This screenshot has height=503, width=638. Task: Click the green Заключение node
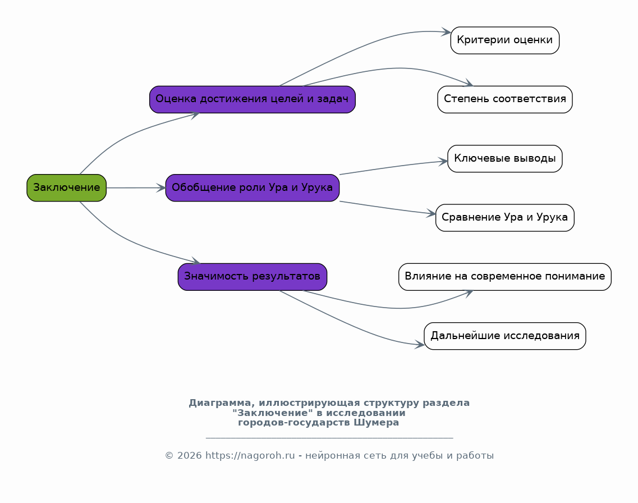[66, 188]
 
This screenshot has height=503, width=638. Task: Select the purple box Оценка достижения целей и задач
[253, 99]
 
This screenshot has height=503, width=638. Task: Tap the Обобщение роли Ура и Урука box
[253, 188]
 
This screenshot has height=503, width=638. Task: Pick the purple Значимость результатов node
[253, 277]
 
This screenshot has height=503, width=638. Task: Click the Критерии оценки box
[504, 40]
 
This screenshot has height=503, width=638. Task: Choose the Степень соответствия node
[504, 99]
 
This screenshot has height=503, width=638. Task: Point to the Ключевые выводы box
[504, 158]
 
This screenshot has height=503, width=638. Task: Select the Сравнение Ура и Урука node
[504, 218]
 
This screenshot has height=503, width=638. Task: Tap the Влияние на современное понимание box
[504, 277]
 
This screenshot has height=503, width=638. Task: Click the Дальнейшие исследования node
[504, 336]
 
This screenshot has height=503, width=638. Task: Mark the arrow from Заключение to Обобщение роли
[136, 188]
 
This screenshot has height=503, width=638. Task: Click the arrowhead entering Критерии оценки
[446, 32]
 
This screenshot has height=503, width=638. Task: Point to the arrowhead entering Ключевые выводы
[443, 162]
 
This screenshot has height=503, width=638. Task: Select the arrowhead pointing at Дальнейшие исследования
[420, 345]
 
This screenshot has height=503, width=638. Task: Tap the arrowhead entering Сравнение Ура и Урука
[432, 213]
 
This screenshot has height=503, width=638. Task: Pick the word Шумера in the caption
[376, 422]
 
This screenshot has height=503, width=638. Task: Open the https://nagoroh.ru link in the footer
[250, 455]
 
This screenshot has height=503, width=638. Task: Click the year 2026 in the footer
[189, 455]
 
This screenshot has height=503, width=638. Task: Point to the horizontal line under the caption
[329, 438]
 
